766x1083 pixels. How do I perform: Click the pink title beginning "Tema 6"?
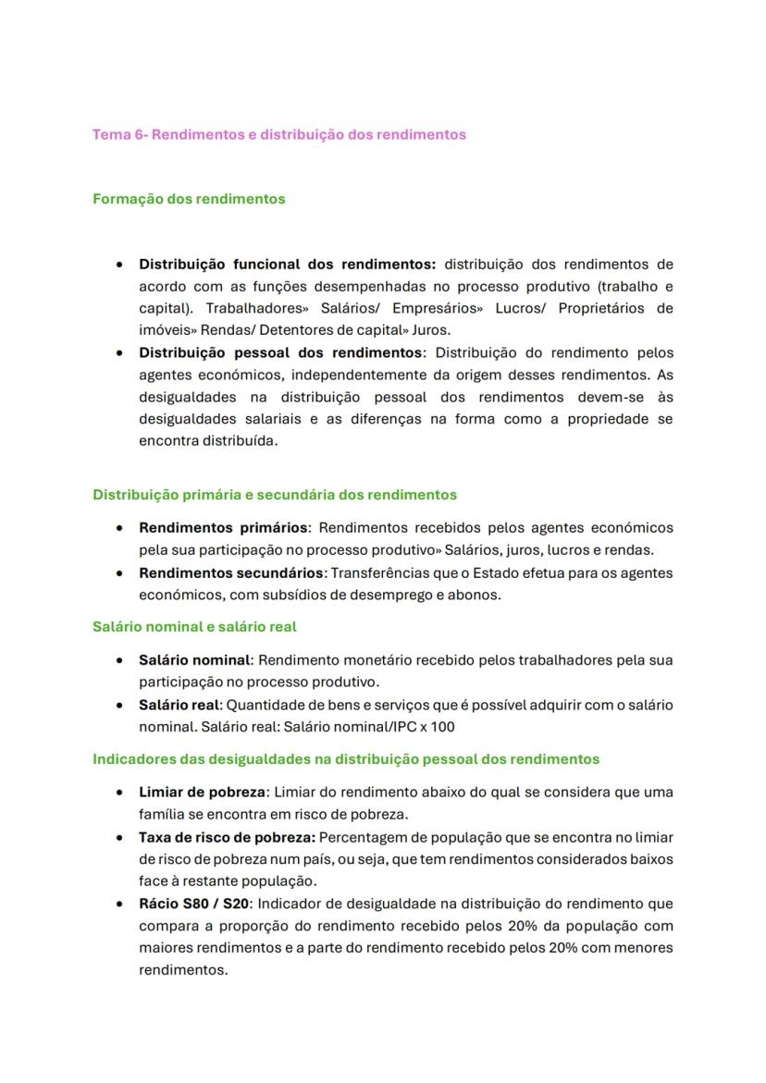click(x=278, y=134)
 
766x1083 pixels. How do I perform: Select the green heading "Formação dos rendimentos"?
click(x=189, y=199)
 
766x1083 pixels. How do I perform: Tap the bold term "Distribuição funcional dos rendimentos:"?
click(x=287, y=265)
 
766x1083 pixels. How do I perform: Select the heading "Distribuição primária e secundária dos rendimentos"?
click(x=275, y=495)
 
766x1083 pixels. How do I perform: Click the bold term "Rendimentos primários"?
click(x=223, y=528)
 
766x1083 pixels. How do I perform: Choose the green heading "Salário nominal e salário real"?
click(x=194, y=627)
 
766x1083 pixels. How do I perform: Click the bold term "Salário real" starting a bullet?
click(x=179, y=705)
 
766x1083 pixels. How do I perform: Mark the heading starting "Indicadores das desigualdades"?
click(x=345, y=759)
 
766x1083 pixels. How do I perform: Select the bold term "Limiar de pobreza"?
click(x=203, y=793)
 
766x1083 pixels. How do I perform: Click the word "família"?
click(x=163, y=815)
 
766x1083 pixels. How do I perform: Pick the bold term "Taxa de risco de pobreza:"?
click(x=228, y=837)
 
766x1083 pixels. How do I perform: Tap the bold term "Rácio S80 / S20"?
click(x=193, y=904)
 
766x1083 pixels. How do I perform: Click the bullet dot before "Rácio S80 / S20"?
click(x=120, y=905)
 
